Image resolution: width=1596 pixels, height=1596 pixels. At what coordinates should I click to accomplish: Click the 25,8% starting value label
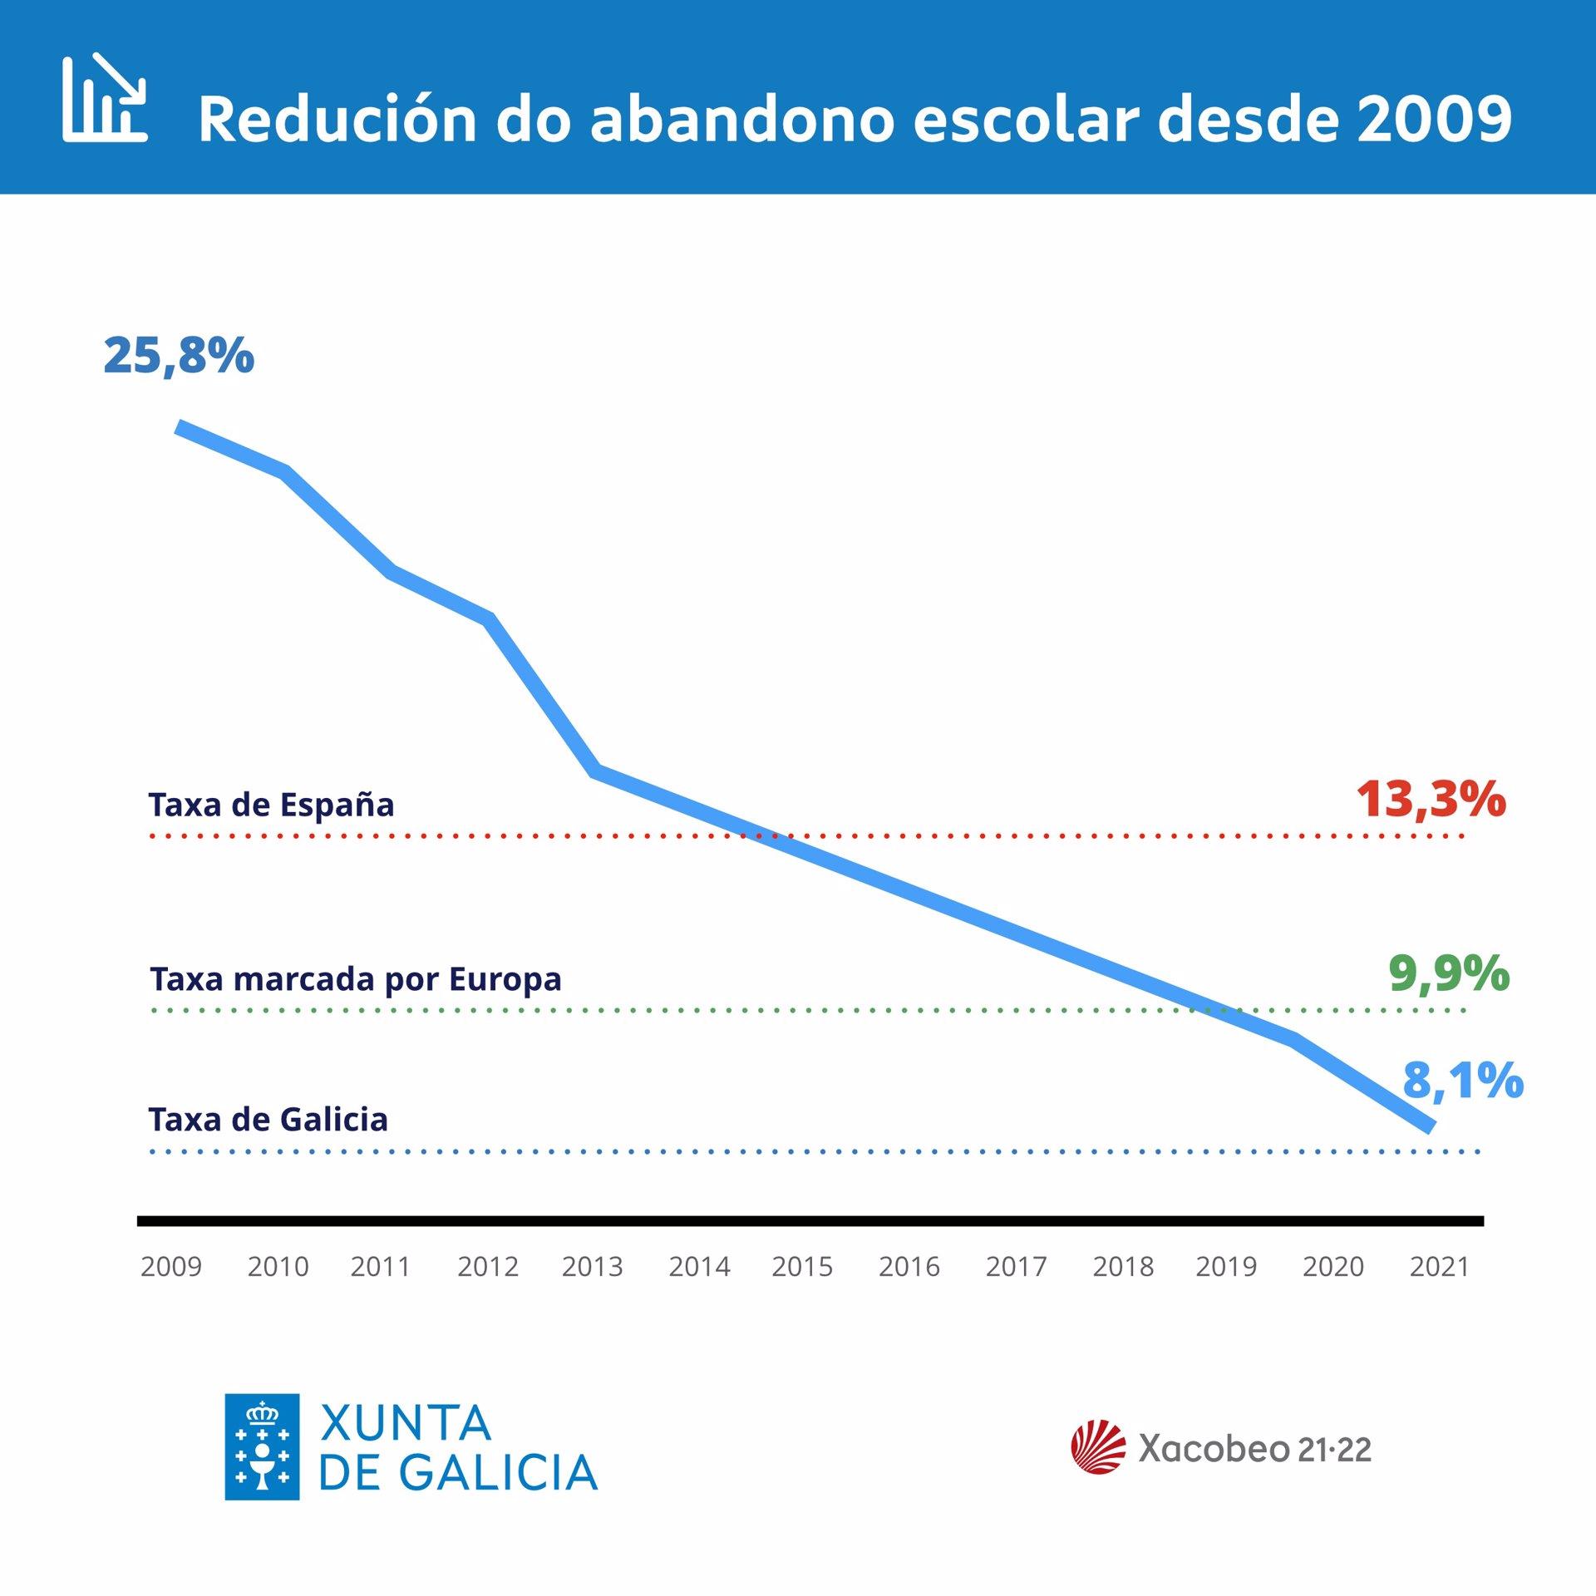pyautogui.click(x=179, y=356)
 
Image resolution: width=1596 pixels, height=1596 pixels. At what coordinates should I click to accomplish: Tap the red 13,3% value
pyautogui.click(x=1431, y=800)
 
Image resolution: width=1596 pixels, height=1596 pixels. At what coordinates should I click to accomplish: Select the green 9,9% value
pyautogui.click(x=1449, y=973)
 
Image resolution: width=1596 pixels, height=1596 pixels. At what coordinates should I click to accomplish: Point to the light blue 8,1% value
pyautogui.click(x=1463, y=1081)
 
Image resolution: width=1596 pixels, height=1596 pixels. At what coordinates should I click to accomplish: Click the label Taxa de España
pyautogui.click(x=271, y=805)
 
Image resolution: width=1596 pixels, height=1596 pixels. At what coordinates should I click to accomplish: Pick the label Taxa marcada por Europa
pyautogui.click(x=356, y=979)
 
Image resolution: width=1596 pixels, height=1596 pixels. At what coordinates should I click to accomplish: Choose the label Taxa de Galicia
pyautogui.click(x=268, y=1120)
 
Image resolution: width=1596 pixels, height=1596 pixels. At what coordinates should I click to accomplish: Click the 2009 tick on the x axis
pyautogui.click(x=171, y=1267)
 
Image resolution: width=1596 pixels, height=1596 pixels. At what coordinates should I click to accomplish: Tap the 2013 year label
pyautogui.click(x=592, y=1267)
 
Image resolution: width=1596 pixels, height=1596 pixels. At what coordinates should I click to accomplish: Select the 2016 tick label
pyautogui.click(x=909, y=1267)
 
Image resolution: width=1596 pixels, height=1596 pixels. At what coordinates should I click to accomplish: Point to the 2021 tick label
pyautogui.click(x=1440, y=1267)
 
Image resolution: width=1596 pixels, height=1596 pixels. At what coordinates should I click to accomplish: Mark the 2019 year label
pyautogui.click(x=1226, y=1267)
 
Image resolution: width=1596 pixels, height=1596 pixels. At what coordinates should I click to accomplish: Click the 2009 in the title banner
pyautogui.click(x=1433, y=119)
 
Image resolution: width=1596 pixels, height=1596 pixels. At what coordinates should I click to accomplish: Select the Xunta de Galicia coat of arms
pyautogui.click(x=262, y=1447)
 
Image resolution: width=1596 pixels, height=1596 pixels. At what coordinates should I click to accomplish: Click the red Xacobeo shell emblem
pyautogui.click(x=1098, y=1447)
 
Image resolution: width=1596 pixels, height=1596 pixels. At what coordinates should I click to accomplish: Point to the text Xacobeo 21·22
pyautogui.click(x=1254, y=1449)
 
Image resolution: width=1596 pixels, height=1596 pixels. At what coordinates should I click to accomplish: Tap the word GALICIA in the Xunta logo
pyautogui.click(x=499, y=1473)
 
